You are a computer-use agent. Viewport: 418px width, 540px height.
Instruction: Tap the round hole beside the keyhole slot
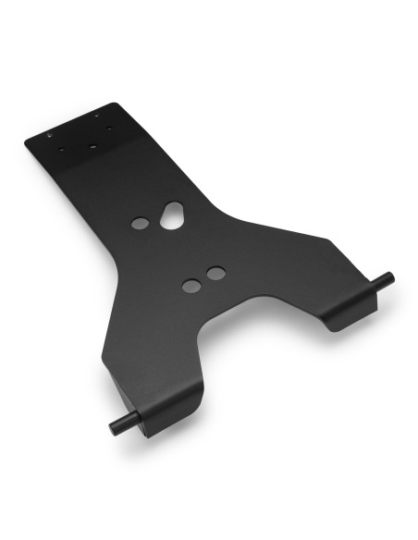click(x=140, y=224)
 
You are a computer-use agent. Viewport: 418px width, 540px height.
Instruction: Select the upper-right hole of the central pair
click(x=215, y=274)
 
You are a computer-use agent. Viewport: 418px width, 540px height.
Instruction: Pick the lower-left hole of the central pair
click(x=191, y=286)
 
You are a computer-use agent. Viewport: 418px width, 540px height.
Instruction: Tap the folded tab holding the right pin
click(x=344, y=310)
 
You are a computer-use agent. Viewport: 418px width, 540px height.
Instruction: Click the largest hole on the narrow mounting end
click(x=92, y=144)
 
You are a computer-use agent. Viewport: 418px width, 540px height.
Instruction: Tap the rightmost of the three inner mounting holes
click(x=109, y=129)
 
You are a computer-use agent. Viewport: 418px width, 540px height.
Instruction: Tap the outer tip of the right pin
click(x=390, y=276)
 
